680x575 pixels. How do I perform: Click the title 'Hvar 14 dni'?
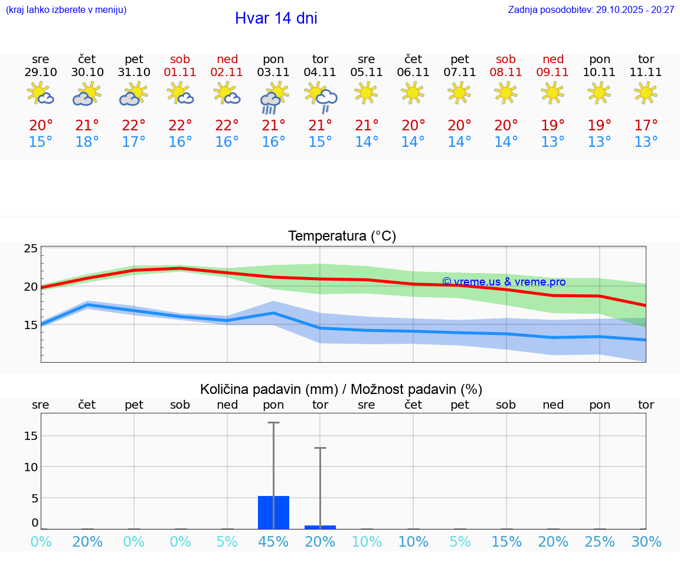276,18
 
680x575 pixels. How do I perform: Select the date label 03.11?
273,73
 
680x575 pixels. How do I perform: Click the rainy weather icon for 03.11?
273,97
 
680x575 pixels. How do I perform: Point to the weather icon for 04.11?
321,97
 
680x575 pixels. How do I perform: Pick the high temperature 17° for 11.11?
646,125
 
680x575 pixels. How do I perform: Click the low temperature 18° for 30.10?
87,142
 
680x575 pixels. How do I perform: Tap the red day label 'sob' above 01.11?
180,59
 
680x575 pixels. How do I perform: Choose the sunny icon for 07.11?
459,93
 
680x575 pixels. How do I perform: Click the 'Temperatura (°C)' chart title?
342,236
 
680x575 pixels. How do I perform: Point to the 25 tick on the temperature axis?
31,249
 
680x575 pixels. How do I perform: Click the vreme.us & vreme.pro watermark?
504,282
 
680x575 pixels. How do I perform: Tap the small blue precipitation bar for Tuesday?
320,527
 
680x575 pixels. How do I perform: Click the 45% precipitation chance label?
273,542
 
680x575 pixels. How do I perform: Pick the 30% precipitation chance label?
646,542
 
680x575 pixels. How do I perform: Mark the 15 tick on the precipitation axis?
30,436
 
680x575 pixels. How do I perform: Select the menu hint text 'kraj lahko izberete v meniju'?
66,9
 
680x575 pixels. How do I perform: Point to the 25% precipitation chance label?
600,542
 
